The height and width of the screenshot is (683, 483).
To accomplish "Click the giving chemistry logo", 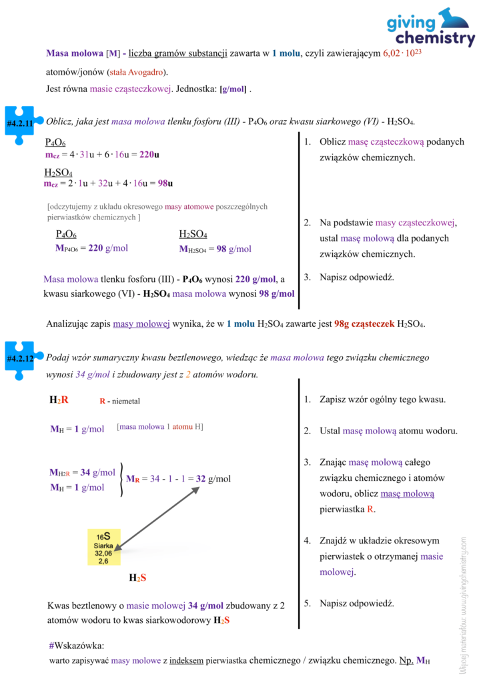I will click(x=431, y=28).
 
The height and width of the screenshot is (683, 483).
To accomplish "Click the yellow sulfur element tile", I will click(x=103, y=548).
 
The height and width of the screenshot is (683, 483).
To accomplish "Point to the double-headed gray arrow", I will click(x=161, y=517).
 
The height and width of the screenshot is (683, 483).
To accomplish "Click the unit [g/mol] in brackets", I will click(x=232, y=89).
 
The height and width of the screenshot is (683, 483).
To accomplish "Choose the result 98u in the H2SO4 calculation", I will click(x=159, y=183).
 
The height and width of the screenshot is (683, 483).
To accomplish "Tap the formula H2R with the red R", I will click(x=59, y=400).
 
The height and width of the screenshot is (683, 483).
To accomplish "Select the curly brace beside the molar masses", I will click(x=121, y=480).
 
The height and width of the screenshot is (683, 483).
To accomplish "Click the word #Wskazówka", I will click(x=76, y=646).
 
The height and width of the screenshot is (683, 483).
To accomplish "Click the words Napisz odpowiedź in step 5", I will click(x=357, y=603).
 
